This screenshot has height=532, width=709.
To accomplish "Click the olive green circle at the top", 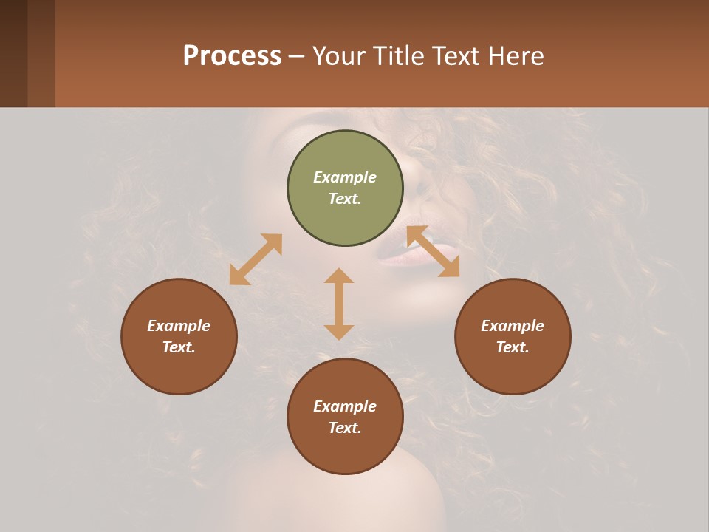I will point(345,188).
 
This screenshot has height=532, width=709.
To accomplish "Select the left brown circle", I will point(179,336).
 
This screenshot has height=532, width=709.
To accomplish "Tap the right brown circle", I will point(513,336).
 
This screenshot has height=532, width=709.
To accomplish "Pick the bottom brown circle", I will point(345,417).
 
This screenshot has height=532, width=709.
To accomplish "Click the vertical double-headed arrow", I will point(339,304).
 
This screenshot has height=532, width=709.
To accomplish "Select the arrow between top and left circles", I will point(256,259).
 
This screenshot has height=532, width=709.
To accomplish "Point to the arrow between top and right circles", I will point(433,251).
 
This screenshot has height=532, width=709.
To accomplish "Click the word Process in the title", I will point(232,55).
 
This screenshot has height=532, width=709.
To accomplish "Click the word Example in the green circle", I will point(345,177).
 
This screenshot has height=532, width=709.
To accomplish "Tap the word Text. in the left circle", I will point(179,347).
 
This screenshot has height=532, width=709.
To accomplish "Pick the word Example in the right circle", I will point(513,326).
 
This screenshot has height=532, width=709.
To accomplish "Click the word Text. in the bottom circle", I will point(345,428).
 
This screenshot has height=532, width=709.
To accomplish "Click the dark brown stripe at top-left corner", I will point(13,53).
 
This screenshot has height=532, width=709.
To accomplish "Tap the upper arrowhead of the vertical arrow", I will point(339,276).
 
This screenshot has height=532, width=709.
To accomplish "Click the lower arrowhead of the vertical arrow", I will point(339,332).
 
